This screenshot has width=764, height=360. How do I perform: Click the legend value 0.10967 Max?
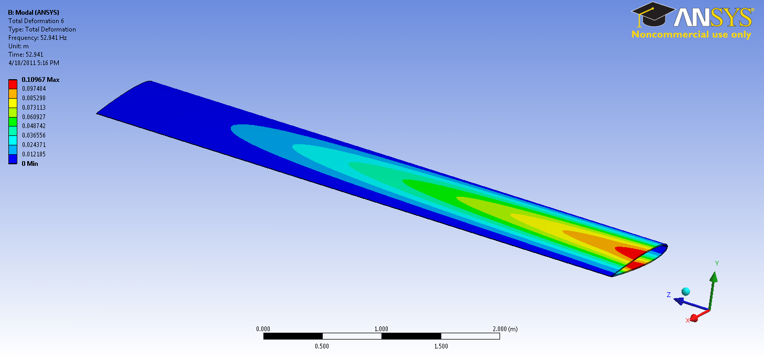click(x=40, y=80)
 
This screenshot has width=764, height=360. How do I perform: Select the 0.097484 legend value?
click(x=34, y=89)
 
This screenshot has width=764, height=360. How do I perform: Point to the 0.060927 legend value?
click(x=34, y=117)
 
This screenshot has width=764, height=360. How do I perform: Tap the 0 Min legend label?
click(x=30, y=163)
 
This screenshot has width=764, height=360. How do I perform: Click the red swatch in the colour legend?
click(x=13, y=84)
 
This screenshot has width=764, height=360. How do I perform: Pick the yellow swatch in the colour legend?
click(x=13, y=103)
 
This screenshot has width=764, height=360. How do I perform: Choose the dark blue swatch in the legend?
click(x=13, y=159)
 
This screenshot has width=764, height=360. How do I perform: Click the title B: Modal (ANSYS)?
click(x=34, y=12)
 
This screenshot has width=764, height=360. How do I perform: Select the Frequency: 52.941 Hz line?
click(x=38, y=38)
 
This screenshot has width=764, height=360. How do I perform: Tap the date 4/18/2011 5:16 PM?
click(x=34, y=63)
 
